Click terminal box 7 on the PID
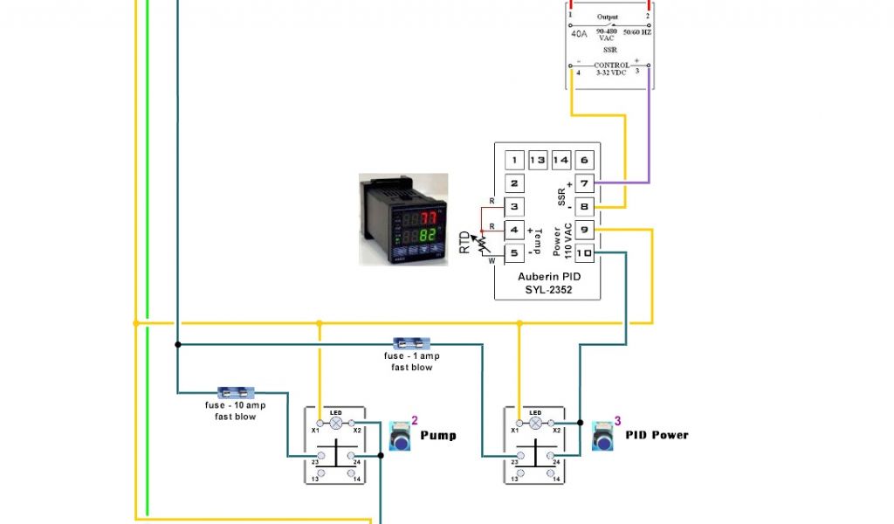[584, 183]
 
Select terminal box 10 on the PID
[584, 253]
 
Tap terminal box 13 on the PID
[538, 160]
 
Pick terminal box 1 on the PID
[515, 160]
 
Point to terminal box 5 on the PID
[515, 253]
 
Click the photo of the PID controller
[404, 218]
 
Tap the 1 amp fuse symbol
[411, 343]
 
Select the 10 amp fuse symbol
[235, 393]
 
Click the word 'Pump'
[438, 435]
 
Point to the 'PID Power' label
[657, 435]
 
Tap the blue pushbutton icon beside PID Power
[603, 434]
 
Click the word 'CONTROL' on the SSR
[611, 65]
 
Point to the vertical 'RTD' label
[465, 242]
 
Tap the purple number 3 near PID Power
[617, 420]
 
